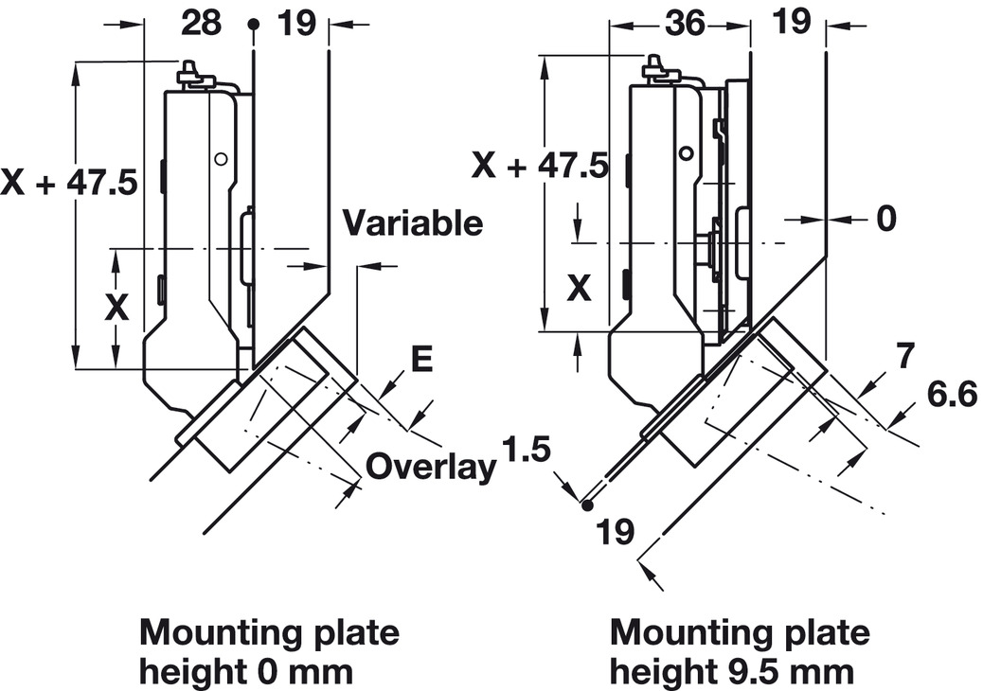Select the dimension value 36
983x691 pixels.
pos(684,22)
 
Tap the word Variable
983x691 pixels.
pos(412,223)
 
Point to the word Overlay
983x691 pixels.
pos(431,467)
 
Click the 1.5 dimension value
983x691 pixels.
pos(527,448)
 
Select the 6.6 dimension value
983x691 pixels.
pos(951,395)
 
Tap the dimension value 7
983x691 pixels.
pos(904,356)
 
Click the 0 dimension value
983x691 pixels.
pos(885,219)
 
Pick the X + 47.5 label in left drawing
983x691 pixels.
pos(69,182)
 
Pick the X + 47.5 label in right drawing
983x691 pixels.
pos(541,166)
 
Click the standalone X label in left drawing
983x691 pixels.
pos(116,307)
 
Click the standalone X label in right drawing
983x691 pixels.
pos(579,287)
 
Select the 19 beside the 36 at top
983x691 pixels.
pos(792,21)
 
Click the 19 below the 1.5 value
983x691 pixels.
pos(615,532)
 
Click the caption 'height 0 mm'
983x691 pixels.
pos(245,672)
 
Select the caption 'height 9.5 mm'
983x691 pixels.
pos(731,672)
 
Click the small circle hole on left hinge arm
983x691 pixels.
pos(221,160)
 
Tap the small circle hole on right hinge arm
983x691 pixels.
pos(685,152)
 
